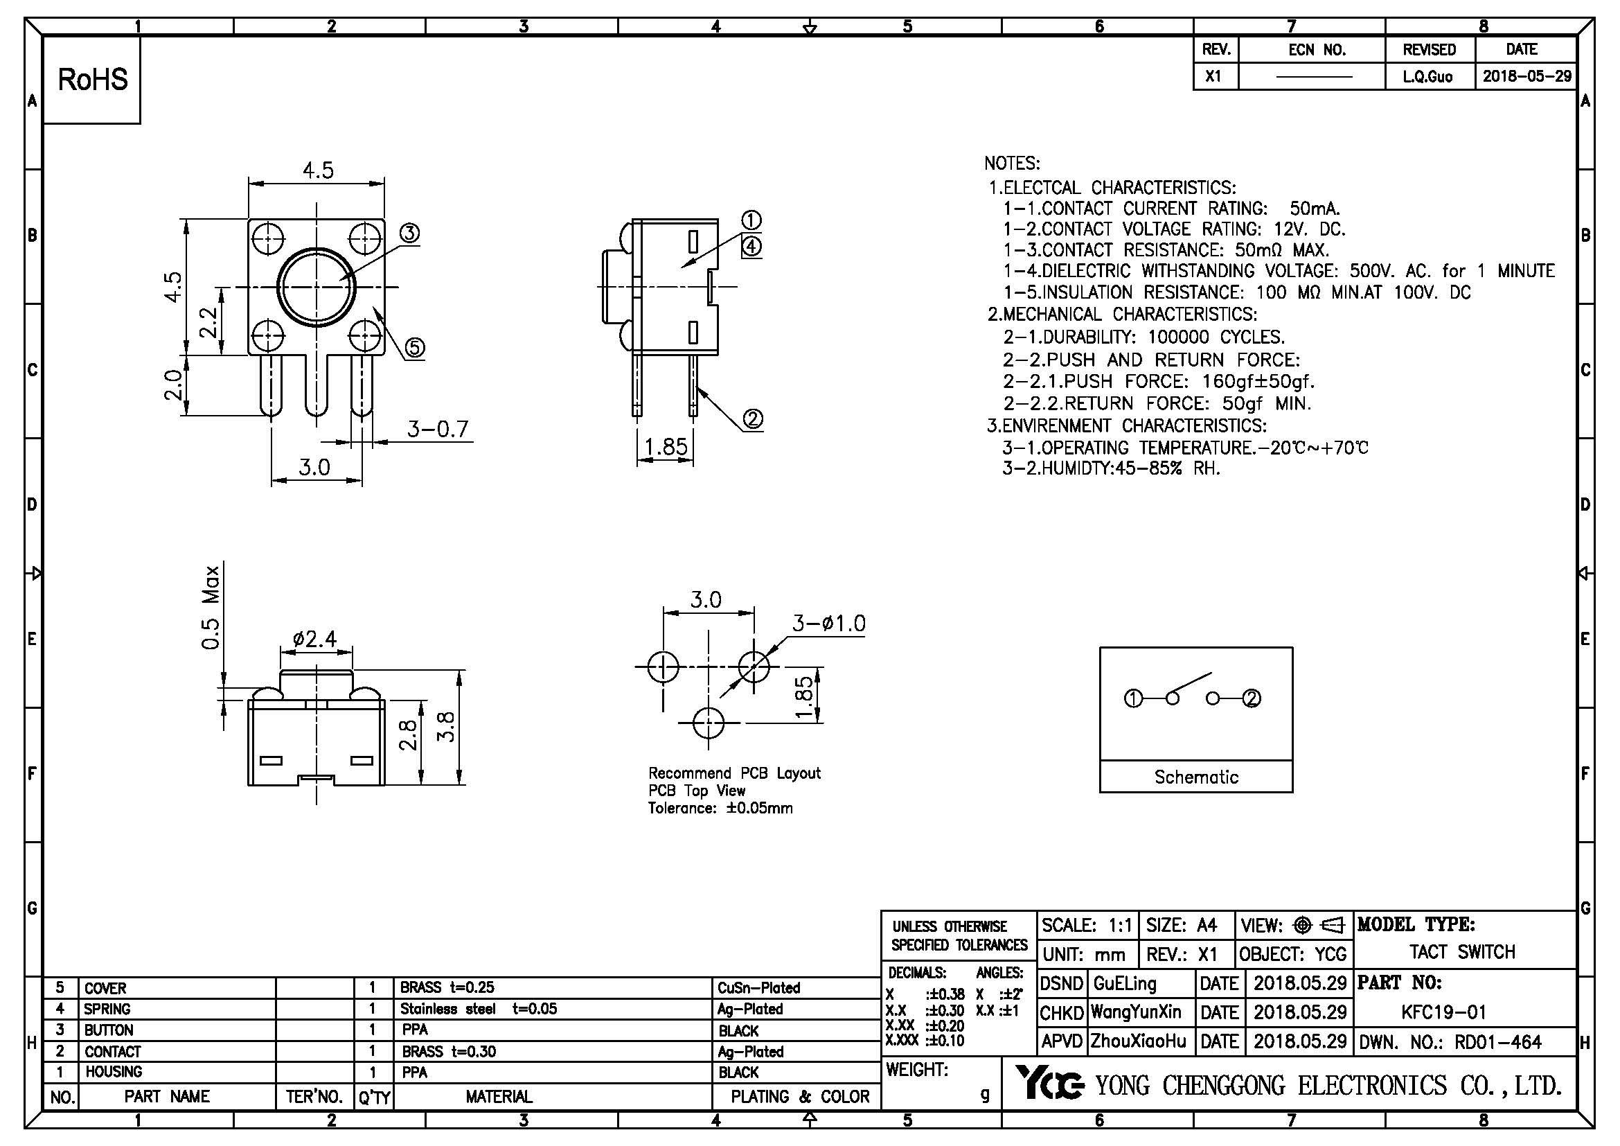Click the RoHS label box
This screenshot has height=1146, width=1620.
click(92, 80)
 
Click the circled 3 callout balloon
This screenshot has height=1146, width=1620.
click(409, 233)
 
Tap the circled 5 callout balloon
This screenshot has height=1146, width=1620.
click(415, 347)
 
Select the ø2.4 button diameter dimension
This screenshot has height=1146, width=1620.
click(314, 640)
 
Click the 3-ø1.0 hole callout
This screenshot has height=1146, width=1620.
click(828, 623)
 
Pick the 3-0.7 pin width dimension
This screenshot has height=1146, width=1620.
click(438, 429)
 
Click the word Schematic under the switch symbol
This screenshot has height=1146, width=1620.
click(1196, 777)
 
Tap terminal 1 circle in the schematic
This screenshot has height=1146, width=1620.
click(1133, 698)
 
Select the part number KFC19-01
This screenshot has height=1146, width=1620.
click(1443, 1012)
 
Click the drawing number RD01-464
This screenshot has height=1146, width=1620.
click(1498, 1041)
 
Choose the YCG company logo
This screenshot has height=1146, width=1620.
click(1049, 1083)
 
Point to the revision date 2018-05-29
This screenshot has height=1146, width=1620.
click(1527, 76)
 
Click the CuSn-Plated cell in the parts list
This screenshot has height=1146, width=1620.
click(758, 988)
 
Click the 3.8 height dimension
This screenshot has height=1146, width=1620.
click(447, 727)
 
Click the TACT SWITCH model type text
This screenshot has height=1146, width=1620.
click(1462, 952)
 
